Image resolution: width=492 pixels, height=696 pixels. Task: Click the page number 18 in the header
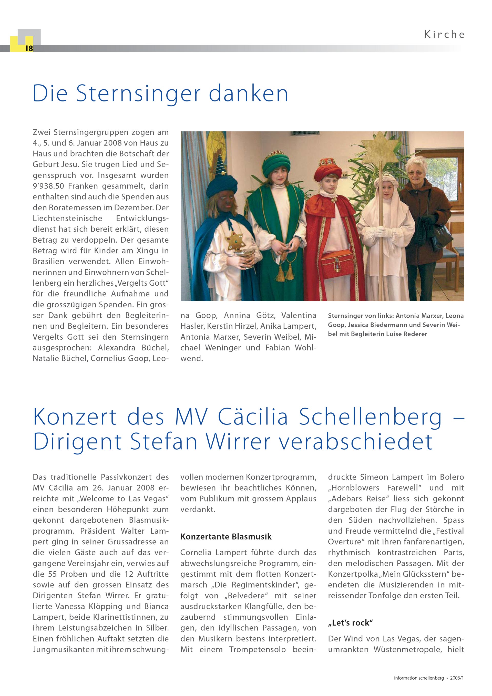click(29, 48)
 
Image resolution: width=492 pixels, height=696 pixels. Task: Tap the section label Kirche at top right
click(444, 35)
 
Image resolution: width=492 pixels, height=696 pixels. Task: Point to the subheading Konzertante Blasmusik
click(226, 537)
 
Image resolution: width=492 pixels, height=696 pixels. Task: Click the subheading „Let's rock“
click(350, 623)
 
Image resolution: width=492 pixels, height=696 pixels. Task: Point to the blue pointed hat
click(221, 179)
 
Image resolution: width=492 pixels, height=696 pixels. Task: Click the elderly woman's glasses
click(415, 173)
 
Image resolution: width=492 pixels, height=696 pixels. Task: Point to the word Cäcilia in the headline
click(253, 417)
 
